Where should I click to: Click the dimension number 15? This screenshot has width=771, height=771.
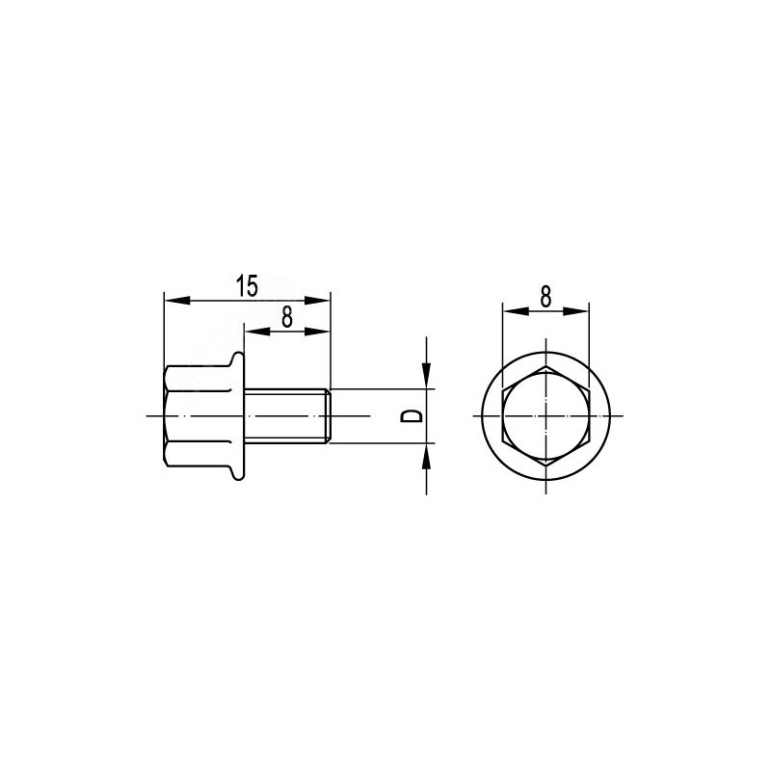247,286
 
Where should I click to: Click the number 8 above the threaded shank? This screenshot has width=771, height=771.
287,317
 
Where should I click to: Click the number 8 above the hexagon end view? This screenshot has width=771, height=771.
545,297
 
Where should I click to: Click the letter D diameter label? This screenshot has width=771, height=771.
412,416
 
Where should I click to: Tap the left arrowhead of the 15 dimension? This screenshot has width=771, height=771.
177,300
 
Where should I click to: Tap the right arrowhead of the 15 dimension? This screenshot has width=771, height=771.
317,300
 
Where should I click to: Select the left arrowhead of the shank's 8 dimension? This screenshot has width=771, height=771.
257,332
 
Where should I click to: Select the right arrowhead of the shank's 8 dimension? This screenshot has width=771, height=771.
317,332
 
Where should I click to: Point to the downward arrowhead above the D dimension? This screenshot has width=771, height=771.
426,376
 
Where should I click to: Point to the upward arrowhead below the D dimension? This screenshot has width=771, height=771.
426,456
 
